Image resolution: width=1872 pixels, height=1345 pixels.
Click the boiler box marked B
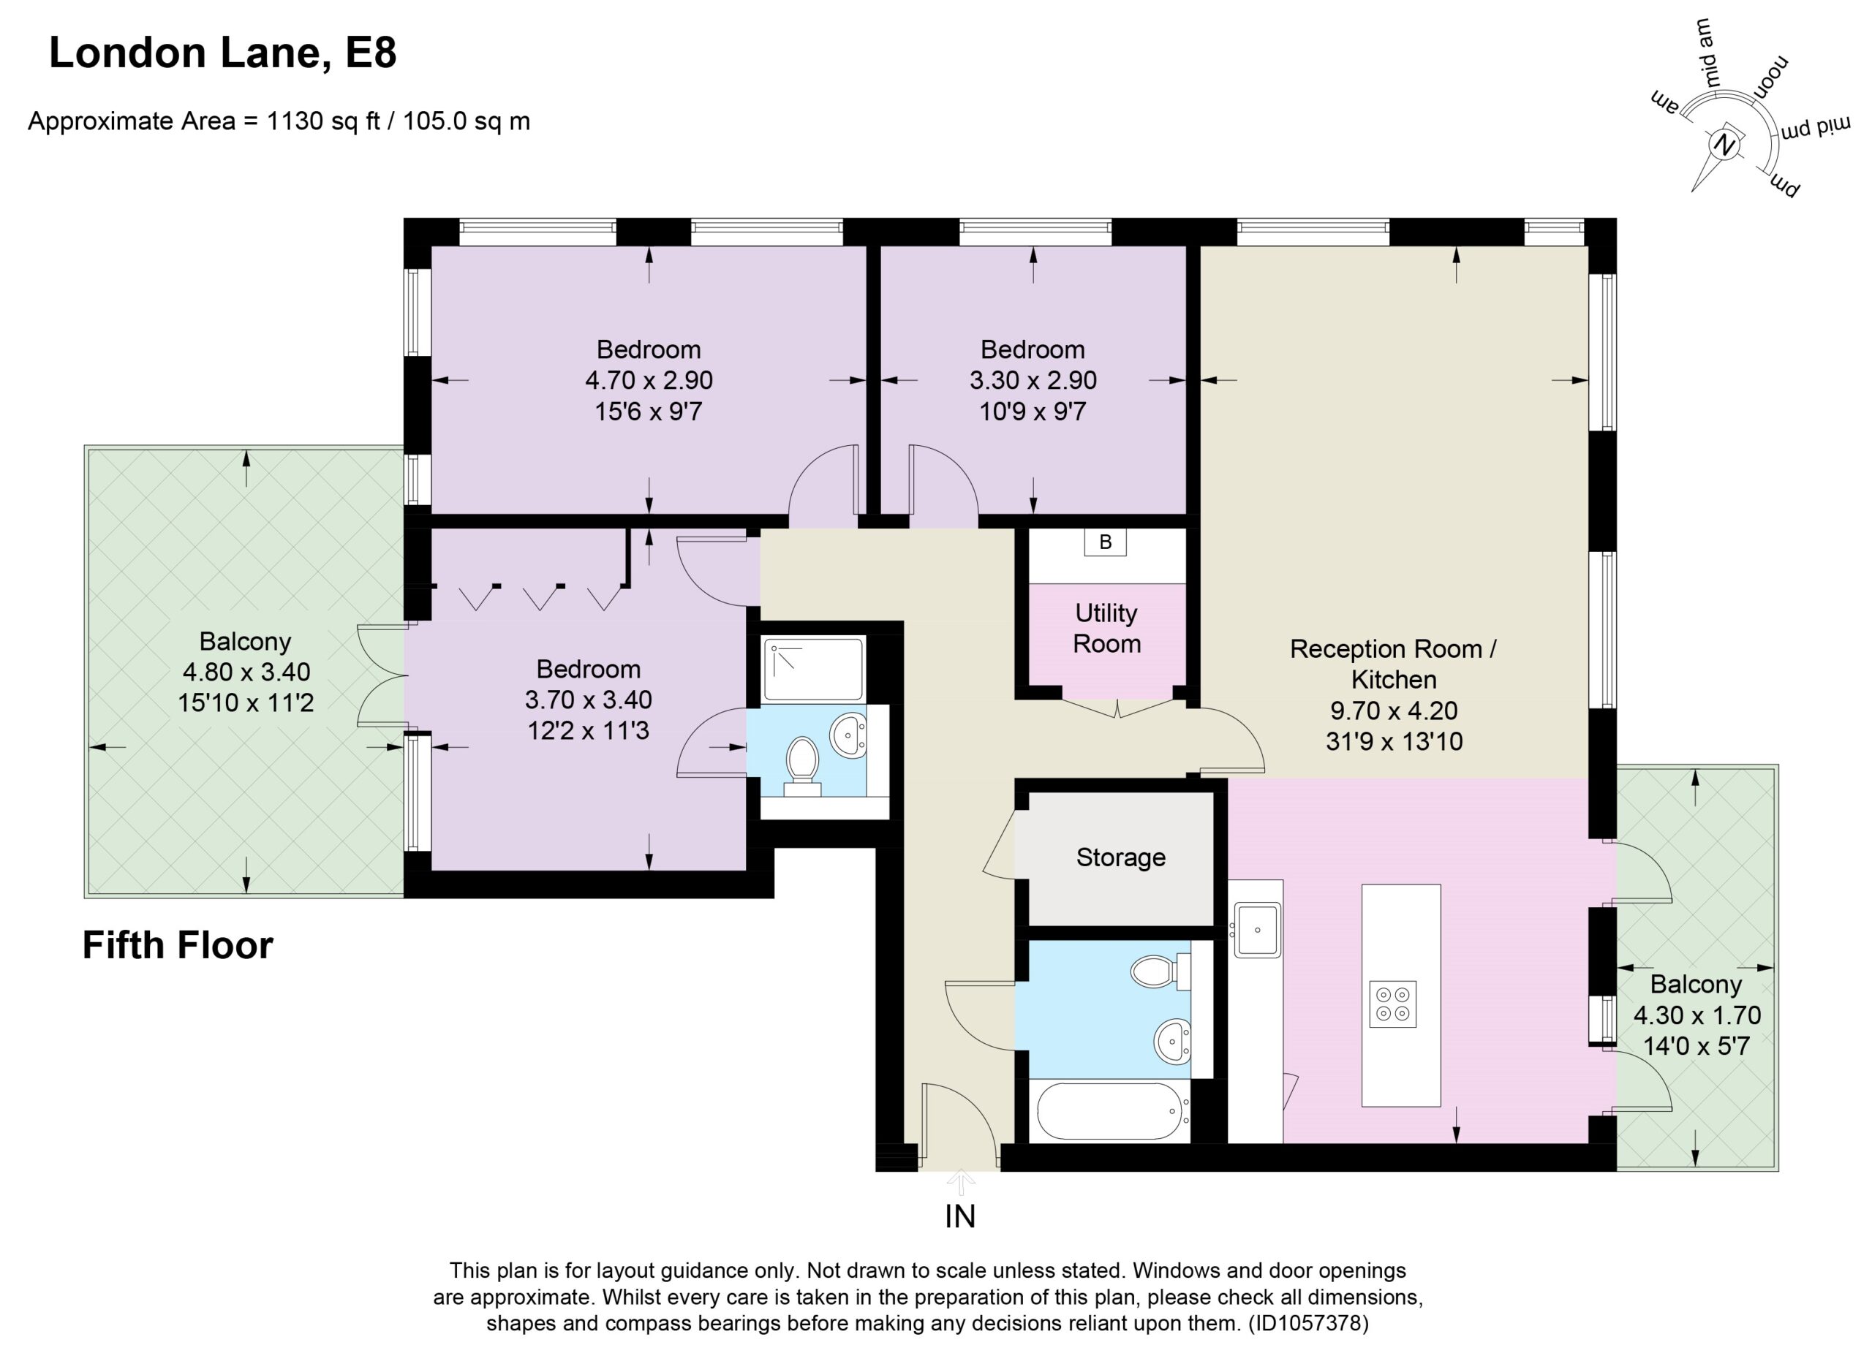click(1105, 542)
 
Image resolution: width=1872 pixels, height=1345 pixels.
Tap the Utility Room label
click(1106, 628)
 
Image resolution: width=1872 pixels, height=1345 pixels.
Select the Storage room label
click(1120, 857)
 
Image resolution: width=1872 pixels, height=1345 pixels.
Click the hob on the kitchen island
click(1392, 1004)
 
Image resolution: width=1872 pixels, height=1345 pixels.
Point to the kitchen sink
click(1257, 930)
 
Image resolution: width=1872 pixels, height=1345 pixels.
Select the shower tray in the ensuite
click(813, 668)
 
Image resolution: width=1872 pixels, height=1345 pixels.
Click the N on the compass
click(1722, 145)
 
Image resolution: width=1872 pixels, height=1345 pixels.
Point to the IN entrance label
click(960, 1216)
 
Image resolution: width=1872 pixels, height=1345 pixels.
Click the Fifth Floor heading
click(178, 945)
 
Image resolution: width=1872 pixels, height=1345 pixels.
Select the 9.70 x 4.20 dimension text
click(1393, 711)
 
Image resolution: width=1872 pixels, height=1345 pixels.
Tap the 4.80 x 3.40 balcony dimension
click(246, 672)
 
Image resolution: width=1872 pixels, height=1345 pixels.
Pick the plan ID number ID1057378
click(1309, 1324)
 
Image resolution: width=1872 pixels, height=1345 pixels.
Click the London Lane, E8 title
click(223, 53)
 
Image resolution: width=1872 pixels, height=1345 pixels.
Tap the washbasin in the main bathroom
click(1173, 1042)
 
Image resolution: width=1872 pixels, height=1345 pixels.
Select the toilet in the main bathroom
click(1160, 971)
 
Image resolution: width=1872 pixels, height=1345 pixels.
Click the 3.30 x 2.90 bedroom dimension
click(1033, 380)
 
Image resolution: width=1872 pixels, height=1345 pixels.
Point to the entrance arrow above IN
click(960, 1183)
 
